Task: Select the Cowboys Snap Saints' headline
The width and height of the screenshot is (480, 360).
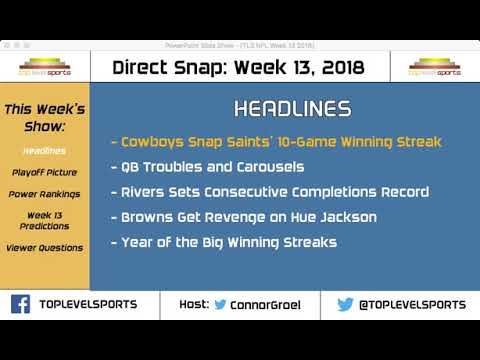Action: pos(274,141)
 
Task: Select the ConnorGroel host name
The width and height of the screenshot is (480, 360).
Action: pos(272,304)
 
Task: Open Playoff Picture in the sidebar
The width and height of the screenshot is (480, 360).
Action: pos(44,172)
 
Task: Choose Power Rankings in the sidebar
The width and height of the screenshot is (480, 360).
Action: pos(44,194)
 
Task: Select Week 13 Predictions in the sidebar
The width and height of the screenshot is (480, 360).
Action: pos(44,222)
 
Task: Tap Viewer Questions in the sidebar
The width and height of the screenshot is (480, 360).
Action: pos(44,249)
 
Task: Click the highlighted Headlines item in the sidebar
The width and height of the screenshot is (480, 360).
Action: pos(44,150)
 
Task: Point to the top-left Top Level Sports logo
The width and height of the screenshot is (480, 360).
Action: pos(44,67)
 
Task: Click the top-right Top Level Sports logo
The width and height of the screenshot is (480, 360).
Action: pos(437,67)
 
